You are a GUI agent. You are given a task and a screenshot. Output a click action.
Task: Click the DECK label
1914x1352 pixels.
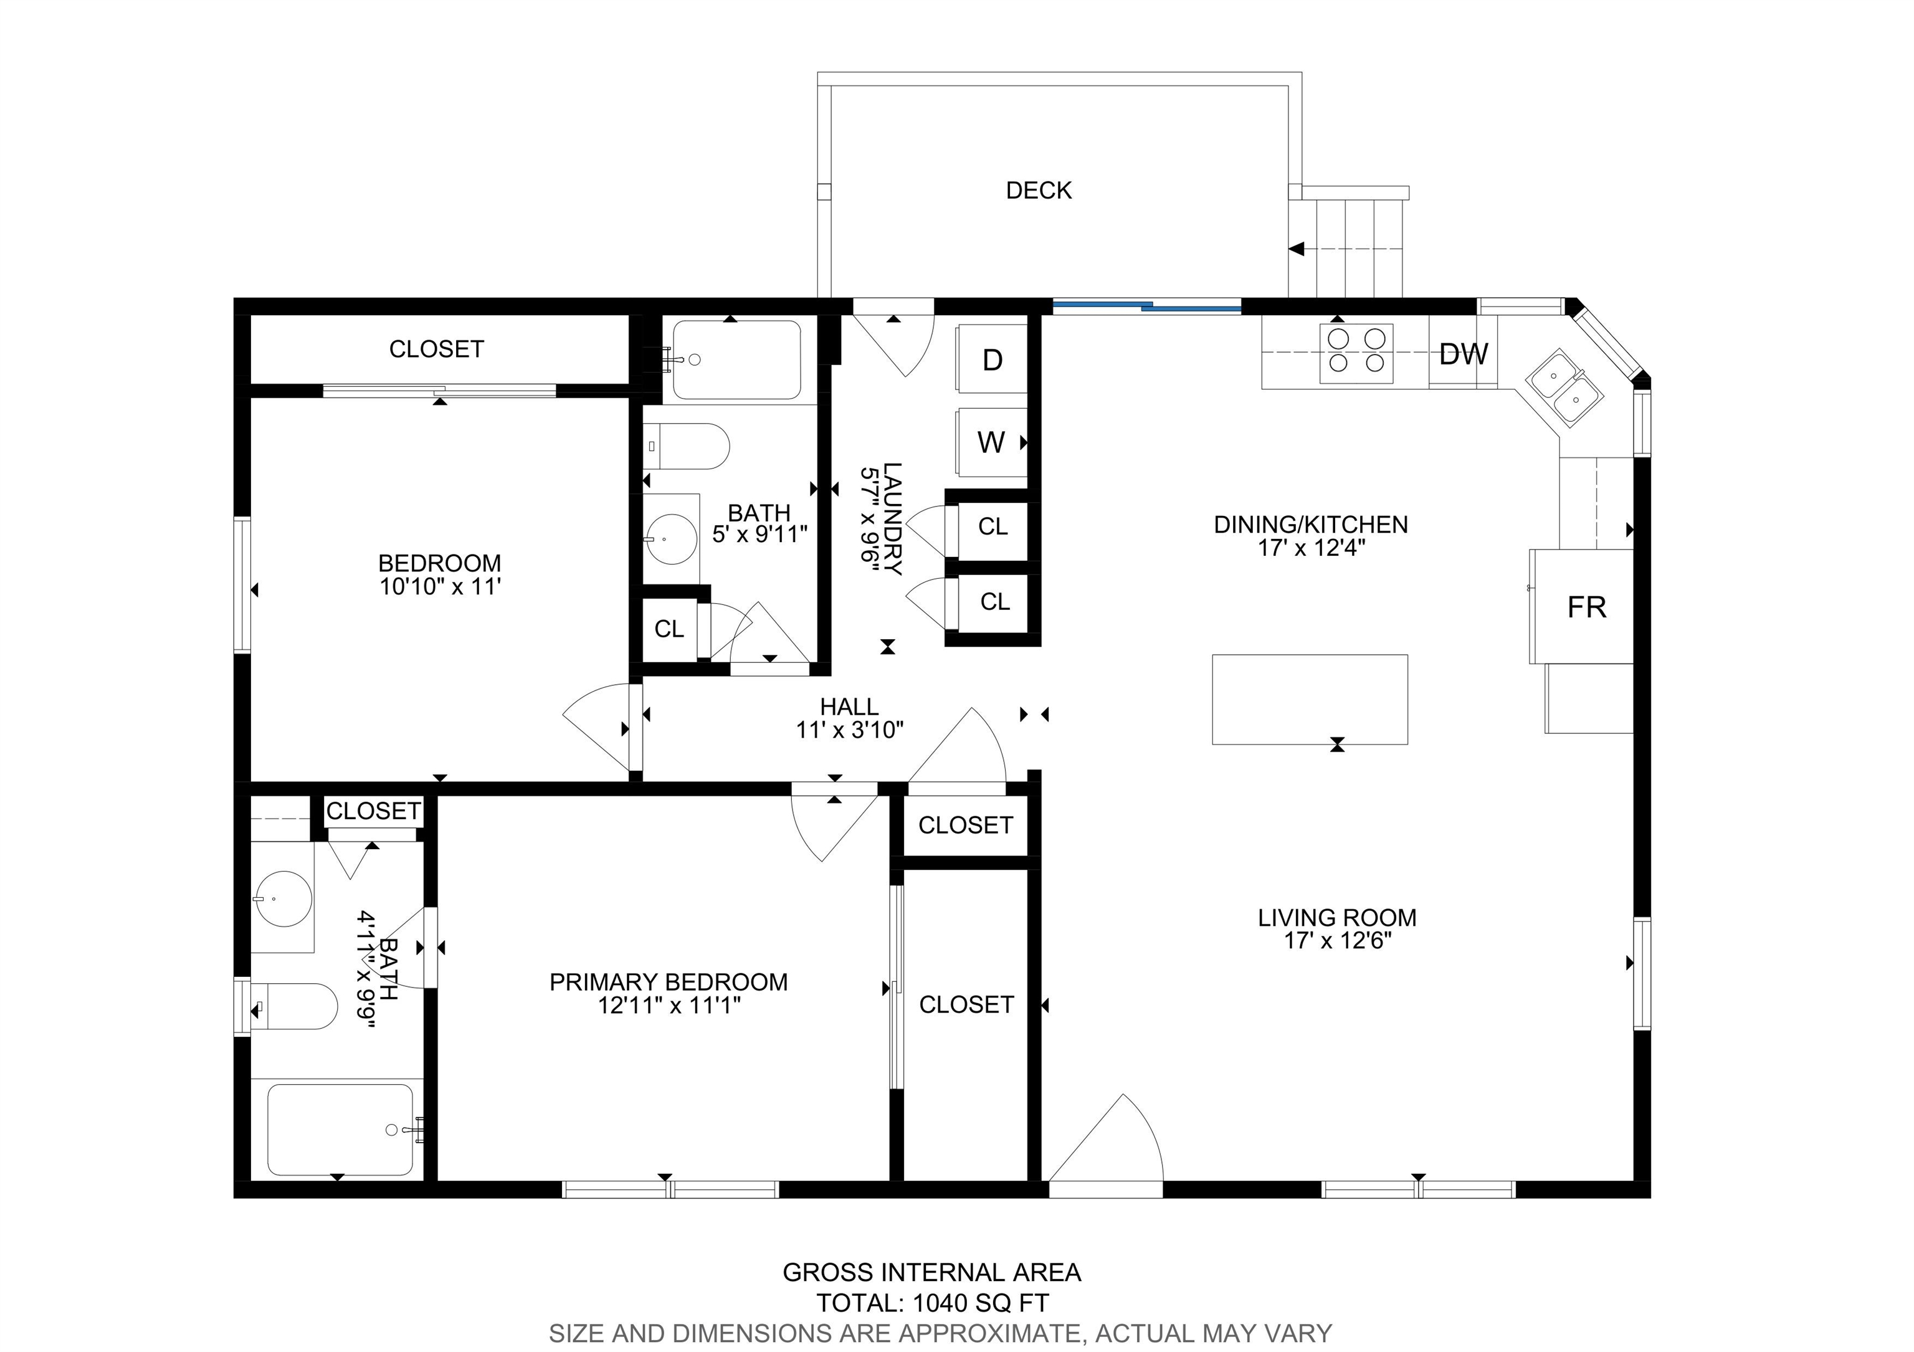click(1038, 190)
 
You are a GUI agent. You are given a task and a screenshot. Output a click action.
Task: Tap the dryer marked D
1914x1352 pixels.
click(991, 359)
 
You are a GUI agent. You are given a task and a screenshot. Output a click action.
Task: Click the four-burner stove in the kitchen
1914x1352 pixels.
click(1356, 353)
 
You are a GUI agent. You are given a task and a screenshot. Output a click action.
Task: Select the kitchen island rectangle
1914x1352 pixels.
click(1309, 698)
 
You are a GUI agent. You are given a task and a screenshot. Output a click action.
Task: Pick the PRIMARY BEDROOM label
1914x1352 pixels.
click(668, 982)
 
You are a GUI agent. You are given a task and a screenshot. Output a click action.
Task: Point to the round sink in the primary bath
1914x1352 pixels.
click(283, 900)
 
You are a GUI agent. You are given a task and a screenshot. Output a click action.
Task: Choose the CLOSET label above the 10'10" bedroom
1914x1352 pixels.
click(436, 348)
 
